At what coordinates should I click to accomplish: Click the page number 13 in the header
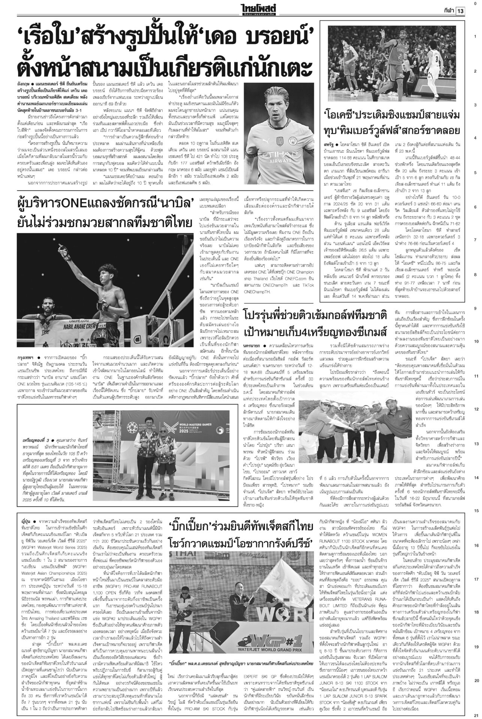pyautogui.click(x=460, y=11)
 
